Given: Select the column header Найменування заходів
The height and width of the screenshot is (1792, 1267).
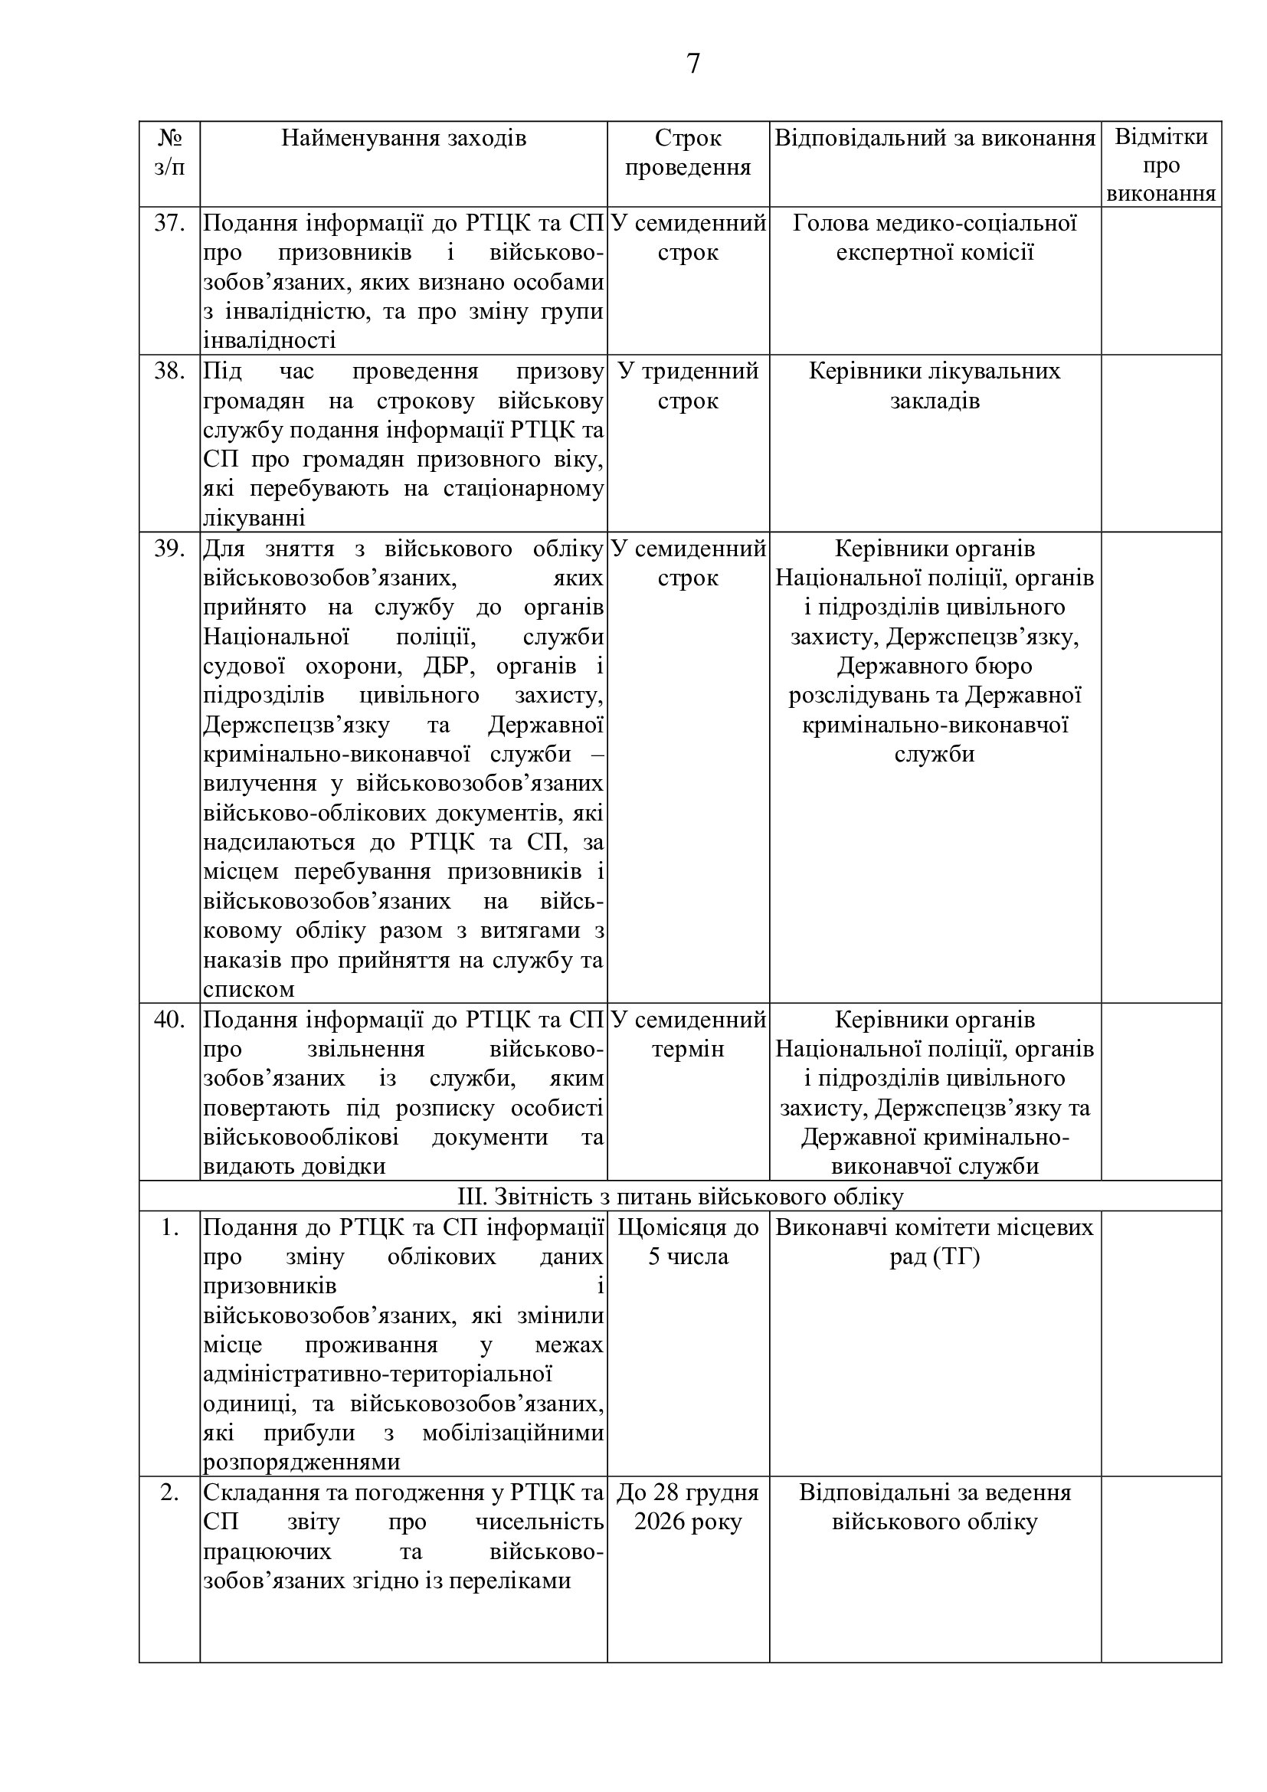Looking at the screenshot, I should click(404, 139).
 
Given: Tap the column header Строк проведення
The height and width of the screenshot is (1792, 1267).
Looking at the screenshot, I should click(687, 153).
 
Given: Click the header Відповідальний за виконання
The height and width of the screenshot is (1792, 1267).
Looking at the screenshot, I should click(935, 139).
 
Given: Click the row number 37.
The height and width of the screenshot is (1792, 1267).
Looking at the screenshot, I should click(169, 224).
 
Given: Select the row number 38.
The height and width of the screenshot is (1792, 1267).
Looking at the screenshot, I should click(169, 372).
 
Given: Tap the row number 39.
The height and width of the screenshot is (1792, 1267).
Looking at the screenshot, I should click(169, 549).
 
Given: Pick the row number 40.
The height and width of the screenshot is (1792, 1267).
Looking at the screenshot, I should click(169, 1020).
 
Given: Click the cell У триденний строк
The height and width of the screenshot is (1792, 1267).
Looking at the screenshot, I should click(687, 385).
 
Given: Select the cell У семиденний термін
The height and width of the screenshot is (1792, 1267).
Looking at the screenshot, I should click(687, 1034).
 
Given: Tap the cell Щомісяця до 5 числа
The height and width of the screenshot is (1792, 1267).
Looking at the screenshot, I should click(687, 1242).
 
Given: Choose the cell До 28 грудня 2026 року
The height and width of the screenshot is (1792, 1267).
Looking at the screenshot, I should click(687, 1507).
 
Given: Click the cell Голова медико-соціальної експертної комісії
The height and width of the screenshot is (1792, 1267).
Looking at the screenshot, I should click(935, 238).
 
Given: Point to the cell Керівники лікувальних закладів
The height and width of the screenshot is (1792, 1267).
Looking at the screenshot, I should click(935, 385).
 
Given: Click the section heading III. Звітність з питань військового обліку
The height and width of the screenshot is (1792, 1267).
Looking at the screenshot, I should click(679, 1197).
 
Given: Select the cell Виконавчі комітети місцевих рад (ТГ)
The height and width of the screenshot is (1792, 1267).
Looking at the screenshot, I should click(935, 1242).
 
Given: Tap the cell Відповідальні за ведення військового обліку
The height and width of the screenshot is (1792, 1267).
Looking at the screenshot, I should click(935, 1507).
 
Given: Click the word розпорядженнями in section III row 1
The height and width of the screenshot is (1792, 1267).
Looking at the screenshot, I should click(301, 1462).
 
